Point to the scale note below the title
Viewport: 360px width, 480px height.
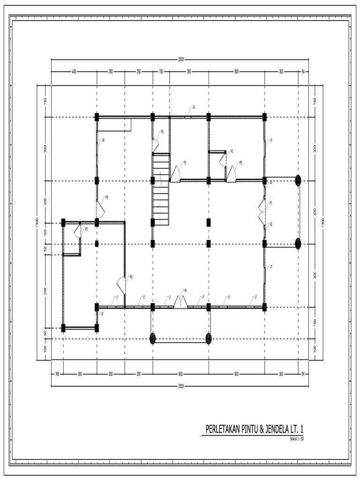click(x=297, y=439)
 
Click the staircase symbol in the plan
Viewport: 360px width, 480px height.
click(x=160, y=190)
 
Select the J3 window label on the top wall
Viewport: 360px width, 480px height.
click(x=193, y=107)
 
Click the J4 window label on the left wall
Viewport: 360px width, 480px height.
click(x=103, y=140)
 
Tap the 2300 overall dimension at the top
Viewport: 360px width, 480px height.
click(x=180, y=60)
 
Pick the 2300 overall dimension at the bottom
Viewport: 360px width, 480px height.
click(x=180, y=386)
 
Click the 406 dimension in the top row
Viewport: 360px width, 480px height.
click(x=74, y=72)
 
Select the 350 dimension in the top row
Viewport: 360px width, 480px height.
click(x=188, y=72)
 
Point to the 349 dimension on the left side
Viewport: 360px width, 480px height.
click(x=45, y=291)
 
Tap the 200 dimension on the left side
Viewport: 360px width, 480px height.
click(x=45, y=202)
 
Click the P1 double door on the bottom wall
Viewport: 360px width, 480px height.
click(x=181, y=302)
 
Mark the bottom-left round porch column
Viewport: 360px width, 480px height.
click(x=152, y=338)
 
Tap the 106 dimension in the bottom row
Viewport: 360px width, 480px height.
click(x=57, y=374)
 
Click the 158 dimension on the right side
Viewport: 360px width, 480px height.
click(x=315, y=322)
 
